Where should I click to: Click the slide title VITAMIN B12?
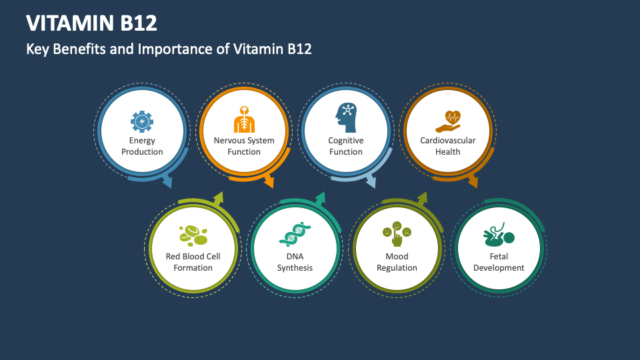(x=92, y=23)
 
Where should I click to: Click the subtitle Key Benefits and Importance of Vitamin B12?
(x=169, y=49)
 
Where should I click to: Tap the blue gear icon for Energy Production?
(x=142, y=121)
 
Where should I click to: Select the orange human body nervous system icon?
(x=244, y=120)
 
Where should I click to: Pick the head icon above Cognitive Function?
(x=345, y=119)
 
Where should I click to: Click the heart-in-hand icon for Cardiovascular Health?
(x=448, y=121)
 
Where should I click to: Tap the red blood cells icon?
(x=193, y=235)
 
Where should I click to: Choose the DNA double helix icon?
(x=295, y=235)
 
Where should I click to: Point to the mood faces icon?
(x=397, y=234)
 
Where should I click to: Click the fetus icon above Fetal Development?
(x=499, y=236)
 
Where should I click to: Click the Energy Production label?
(x=142, y=146)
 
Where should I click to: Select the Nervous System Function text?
(x=244, y=146)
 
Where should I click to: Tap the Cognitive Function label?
(x=345, y=146)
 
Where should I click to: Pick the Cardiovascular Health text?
(x=448, y=146)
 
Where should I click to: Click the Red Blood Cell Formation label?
(x=193, y=262)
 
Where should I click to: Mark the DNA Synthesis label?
(x=295, y=262)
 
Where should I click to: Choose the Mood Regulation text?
(x=397, y=262)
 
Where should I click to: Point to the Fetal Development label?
(x=499, y=262)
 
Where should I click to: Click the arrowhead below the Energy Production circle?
(x=167, y=181)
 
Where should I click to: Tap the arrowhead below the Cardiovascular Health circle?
(x=473, y=181)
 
